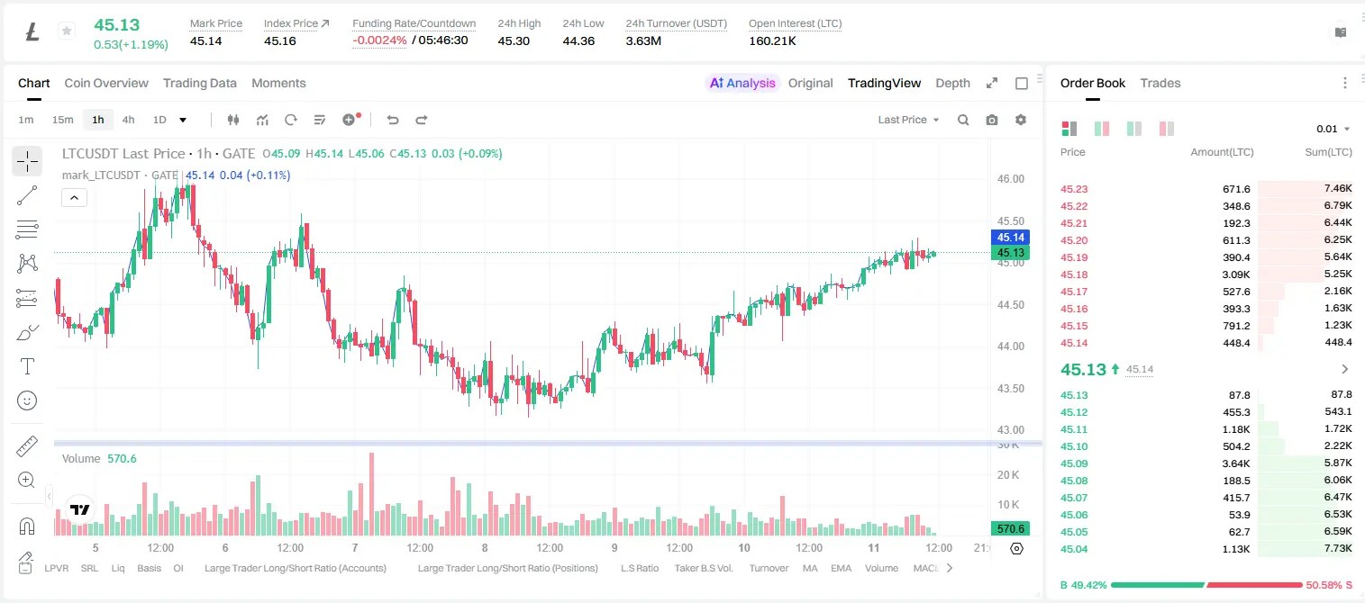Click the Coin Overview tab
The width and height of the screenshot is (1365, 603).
click(106, 83)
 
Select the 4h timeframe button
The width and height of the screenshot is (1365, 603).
click(128, 120)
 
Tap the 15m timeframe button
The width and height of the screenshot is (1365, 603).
click(62, 120)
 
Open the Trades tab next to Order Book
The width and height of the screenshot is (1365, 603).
click(1160, 83)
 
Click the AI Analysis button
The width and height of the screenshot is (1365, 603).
click(742, 83)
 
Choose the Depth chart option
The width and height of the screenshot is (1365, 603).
click(952, 83)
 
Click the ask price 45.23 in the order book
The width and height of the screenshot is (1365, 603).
click(1074, 189)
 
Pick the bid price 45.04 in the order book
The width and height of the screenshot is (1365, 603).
click(1074, 549)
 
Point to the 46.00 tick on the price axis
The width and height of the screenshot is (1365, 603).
click(1010, 179)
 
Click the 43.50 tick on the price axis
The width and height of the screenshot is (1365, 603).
click(1010, 388)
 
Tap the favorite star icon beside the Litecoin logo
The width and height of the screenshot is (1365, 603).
click(67, 31)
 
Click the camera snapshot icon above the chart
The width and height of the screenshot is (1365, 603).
click(991, 120)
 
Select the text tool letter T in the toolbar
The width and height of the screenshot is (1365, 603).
click(27, 366)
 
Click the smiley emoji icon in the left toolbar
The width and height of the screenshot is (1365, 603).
click(27, 400)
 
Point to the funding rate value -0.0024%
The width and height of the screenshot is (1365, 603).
click(379, 40)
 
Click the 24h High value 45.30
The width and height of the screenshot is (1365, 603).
click(514, 40)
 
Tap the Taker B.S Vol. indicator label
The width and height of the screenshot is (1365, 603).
click(704, 568)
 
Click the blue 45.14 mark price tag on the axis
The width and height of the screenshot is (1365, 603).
click(1010, 238)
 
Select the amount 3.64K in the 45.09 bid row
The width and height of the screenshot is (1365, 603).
click(1236, 463)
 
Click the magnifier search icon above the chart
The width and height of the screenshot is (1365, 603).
click(963, 120)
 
